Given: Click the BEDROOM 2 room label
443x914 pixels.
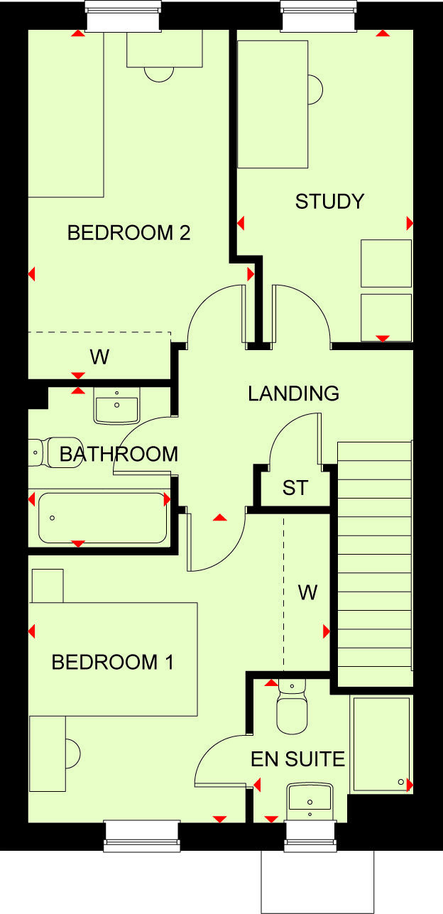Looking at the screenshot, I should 128,233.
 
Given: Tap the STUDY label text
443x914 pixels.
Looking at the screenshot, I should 329,202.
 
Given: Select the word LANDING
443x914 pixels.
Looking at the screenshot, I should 293,393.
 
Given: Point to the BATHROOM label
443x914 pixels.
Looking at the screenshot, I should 119,454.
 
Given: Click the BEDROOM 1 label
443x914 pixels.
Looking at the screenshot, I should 113,663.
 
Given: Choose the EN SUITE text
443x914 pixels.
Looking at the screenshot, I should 298,759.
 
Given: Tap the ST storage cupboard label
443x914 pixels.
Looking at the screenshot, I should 295,489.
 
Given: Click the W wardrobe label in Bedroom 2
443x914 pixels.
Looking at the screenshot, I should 99,357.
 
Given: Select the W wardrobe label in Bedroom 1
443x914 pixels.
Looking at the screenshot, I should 307,592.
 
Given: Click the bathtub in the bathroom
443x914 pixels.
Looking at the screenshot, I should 103,517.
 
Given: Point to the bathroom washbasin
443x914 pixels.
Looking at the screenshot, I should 116,407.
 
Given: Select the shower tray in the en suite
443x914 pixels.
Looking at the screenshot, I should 381,745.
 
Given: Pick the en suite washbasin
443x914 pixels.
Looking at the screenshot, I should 310,798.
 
